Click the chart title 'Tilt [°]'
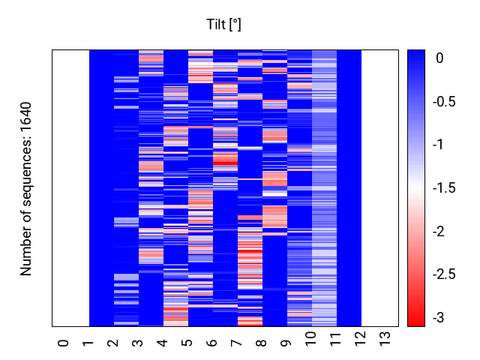(223, 25)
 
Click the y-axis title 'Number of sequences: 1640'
(27, 188)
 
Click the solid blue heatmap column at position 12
(349, 187)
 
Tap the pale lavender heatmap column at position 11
(325, 187)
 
